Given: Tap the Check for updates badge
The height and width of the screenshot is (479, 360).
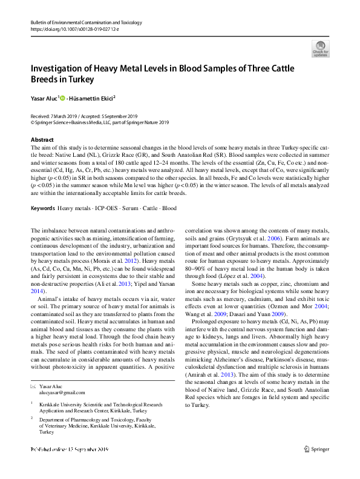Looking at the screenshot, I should [319, 48].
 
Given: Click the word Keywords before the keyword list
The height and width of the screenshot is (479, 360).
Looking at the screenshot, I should [43, 208].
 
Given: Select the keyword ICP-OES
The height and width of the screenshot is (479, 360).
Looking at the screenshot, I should [106, 208].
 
